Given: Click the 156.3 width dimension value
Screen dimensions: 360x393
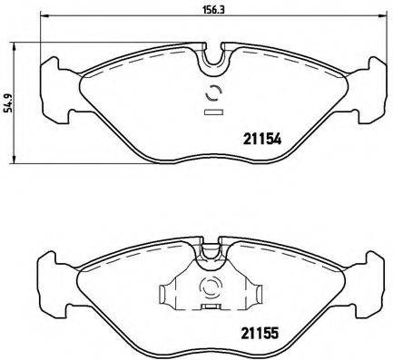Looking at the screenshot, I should click(214, 13).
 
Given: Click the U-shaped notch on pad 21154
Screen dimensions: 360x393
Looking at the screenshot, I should click(212, 58).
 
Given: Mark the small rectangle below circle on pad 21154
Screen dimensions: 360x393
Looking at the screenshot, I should click(214, 113).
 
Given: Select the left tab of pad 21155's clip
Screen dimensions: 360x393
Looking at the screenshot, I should click(167, 295).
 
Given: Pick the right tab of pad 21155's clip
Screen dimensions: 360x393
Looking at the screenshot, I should click(261, 295).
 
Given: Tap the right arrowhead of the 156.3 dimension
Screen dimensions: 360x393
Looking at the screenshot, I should click(381, 39).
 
